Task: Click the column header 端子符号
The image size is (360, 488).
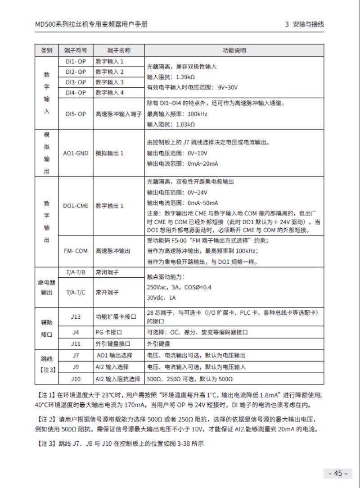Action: pyautogui.click(x=76, y=50)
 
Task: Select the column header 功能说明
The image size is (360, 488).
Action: pyautogui.click(x=234, y=50)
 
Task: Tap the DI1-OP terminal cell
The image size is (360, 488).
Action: pyautogui.click(x=76, y=61)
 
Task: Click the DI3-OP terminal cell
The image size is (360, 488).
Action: pyautogui.click(x=76, y=82)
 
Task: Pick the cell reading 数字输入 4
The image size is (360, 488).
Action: pyautogui.click(x=109, y=93)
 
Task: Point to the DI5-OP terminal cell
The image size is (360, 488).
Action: pyautogui.click(x=76, y=114)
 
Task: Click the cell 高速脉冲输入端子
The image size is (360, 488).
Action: pyautogui.click(x=119, y=114)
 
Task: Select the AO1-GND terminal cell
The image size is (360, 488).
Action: pyautogui.click(x=76, y=153)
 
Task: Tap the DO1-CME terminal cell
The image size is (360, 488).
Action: pyautogui.click(x=76, y=206)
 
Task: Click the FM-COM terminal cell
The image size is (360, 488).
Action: pyautogui.click(x=76, y=251)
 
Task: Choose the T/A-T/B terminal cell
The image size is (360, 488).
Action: pyautogui.click(x=76, y=272)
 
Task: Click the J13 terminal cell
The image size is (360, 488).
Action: pyautogui.click(x=76, y=316)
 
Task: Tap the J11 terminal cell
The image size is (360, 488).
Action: pyautogui.click(x=76, y=344)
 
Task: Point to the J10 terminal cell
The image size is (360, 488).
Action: pyautogui.click(x=76, y=379)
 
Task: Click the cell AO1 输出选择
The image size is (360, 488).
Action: pyautogui.click(x=114, y=356)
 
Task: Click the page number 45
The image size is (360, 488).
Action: pyautogui.click(x=337, y=473)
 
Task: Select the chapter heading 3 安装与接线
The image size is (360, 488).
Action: pyautogui.click(x=305, y=24)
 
